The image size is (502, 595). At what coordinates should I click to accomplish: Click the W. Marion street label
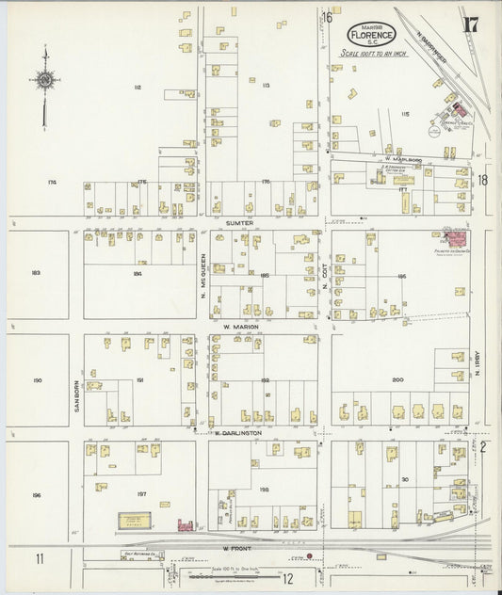(x=240, y=326)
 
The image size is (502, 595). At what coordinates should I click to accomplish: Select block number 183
(x=36, y=273)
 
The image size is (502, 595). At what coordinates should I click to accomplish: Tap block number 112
(x=137, y=87)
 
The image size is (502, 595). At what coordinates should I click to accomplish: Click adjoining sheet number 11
(x=40, y=559)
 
